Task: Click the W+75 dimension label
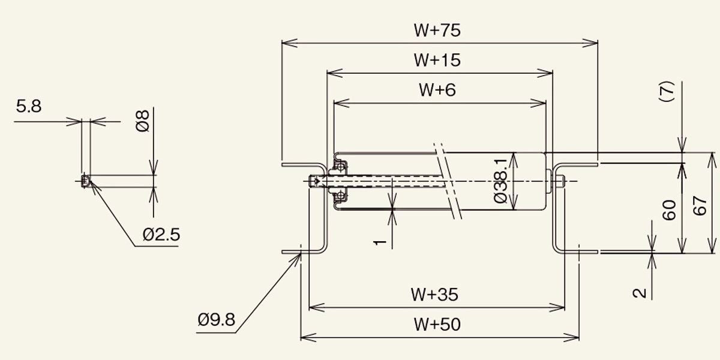tap(437, 30)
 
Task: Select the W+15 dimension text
tap(437, 60)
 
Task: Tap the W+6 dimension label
tap(437, 89)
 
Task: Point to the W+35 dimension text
tap(434, 295)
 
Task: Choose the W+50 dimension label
tap(437, 325)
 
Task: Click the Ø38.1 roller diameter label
tap(500, 181)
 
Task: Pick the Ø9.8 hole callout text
tap(217, 320)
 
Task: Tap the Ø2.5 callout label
tap(161, 235)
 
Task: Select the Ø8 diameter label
tap(143, 121)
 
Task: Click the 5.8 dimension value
tap(29, 106)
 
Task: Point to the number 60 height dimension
tap(669, 210)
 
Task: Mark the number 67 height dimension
tap(700, 206)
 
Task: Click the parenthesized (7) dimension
tap(667, 92)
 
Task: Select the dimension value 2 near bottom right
tap(640, 293)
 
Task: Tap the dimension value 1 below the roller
tap(380, 242)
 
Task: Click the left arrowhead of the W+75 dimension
tap(289, 43)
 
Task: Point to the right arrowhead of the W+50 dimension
tap(571, 338)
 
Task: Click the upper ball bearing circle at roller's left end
tap(340, 167)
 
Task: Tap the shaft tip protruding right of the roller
tap(559, 181)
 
